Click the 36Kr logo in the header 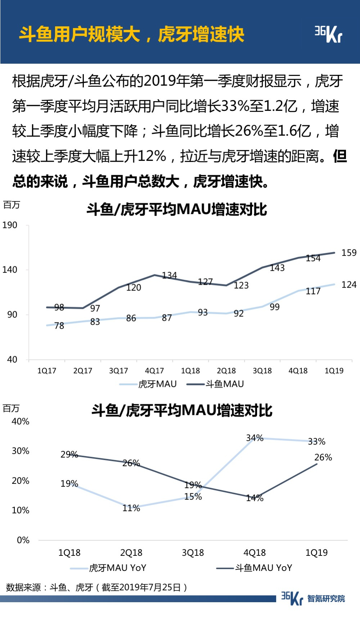(x=328, y=34)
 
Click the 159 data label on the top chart (x=349, y=253)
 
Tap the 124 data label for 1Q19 (x=349, y=285)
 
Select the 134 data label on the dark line (x=169, y=275)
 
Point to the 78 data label (x=59, y=326)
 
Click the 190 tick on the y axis (x=10, y=225)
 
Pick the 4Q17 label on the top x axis (x=154, y=371)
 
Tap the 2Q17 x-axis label (x=83, y=371)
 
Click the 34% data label (x=255, y=438)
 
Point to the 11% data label (x=131, y=508)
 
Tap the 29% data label (x=69, y=454)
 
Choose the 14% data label (x=255, y=498)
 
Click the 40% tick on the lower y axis (x=21, y=422)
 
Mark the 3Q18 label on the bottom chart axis (x=193, y=553)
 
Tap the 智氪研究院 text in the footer (x=326, y=599)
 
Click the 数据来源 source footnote (x=96, y=587)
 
